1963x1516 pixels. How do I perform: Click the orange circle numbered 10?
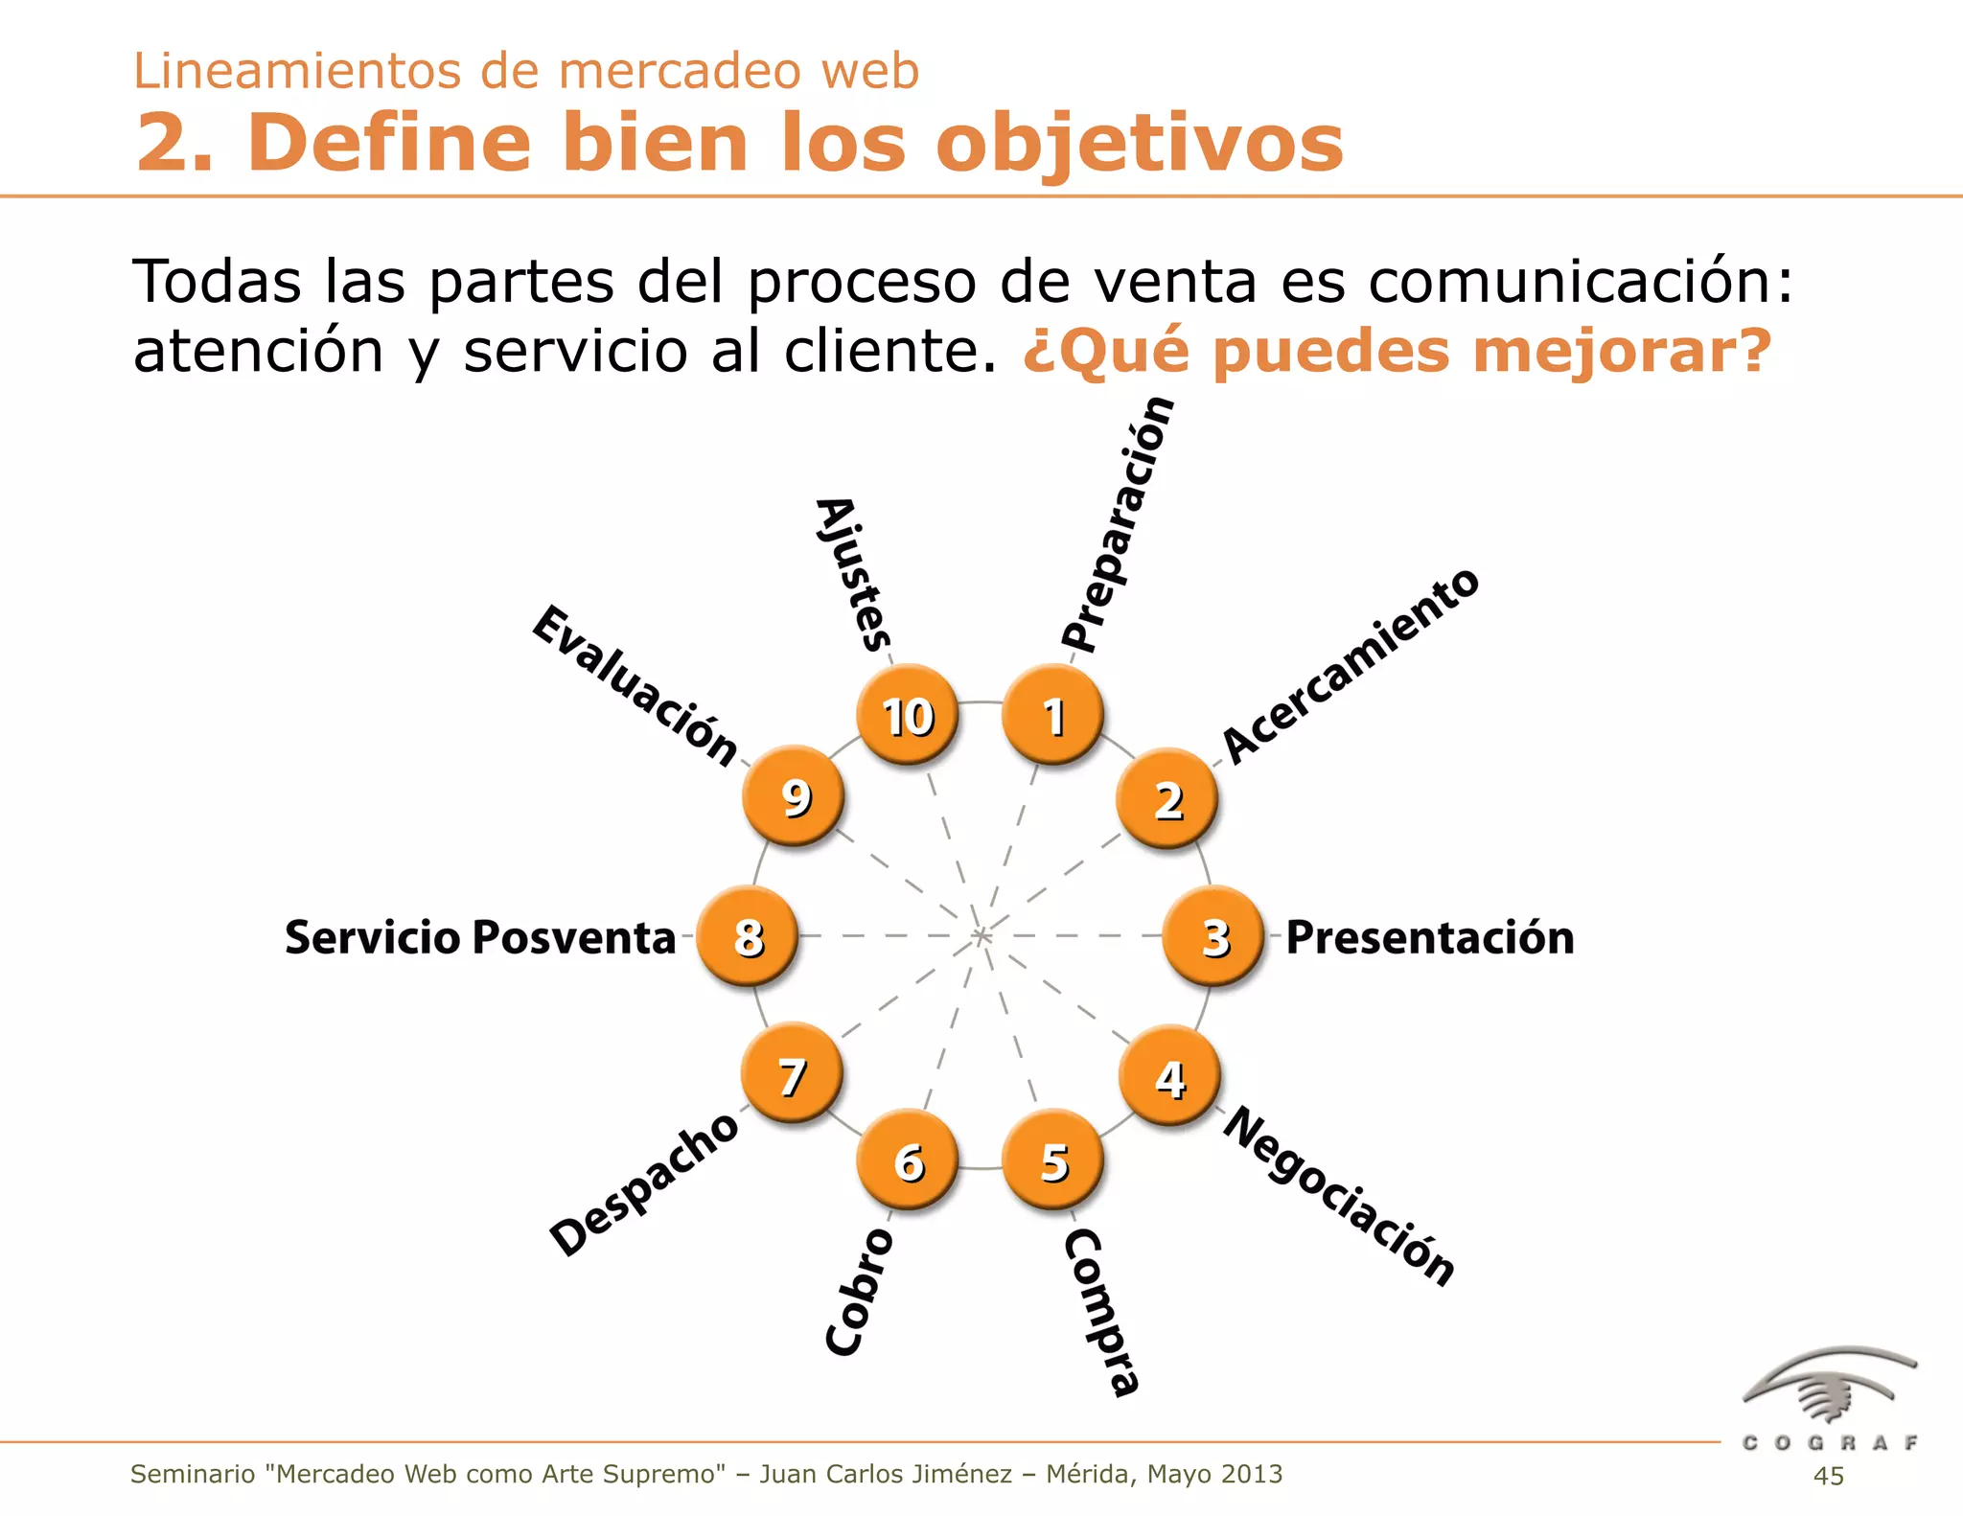point(907,715)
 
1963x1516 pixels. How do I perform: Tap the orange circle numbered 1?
point(1052,715)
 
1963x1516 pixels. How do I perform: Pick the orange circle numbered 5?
point(1052,1160)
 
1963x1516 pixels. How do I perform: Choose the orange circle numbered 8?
point(747,936)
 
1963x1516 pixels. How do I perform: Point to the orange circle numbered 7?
point(792,1075)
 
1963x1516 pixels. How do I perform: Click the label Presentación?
point(1429,937)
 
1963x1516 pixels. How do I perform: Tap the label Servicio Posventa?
point(480,937)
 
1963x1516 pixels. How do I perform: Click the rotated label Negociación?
point(1340,1195)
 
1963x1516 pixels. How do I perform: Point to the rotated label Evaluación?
point(635,684)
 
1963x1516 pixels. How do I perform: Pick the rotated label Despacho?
point(644,1184)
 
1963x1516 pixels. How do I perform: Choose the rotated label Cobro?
point(859,1291)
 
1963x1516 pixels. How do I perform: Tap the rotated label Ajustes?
point(853,574)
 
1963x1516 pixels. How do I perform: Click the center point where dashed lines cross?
point(981,935)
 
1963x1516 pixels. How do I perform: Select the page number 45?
point(1828,1476)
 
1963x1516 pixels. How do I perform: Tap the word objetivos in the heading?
point(1140,144)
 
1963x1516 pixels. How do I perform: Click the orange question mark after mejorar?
point(1754,350)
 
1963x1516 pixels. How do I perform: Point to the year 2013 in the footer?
point(1247,1474)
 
